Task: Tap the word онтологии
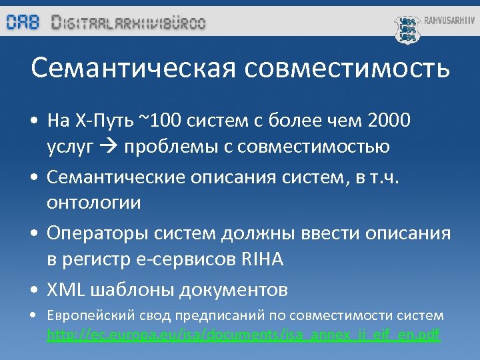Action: [93, 203]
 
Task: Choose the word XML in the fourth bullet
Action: [65, 290]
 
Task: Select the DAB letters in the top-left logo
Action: [23, 22]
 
